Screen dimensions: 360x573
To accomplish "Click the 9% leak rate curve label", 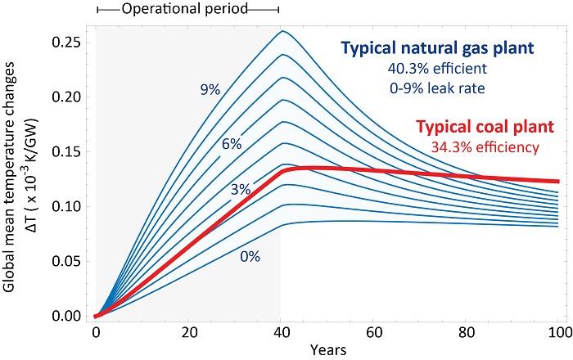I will click(210, 90).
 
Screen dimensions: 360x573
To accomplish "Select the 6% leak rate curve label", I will click(231, 145).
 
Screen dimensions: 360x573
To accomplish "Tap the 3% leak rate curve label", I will click(241, 190).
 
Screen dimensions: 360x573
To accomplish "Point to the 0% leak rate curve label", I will click(250, 256).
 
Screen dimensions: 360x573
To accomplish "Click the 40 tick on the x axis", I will click(281, 334).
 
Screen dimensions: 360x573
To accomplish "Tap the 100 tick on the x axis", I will click(559, 334).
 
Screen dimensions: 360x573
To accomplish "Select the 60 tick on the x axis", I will click(374, 334).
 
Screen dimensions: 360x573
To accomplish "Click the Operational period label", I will click(187, 9).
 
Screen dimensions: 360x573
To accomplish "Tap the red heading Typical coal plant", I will click(485, 128).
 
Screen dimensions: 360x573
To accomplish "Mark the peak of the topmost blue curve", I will click(282, 31).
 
